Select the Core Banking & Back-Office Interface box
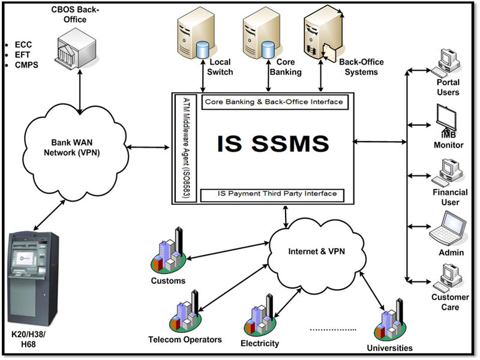tap(274, 101)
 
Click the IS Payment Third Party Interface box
tap(274, 194)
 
